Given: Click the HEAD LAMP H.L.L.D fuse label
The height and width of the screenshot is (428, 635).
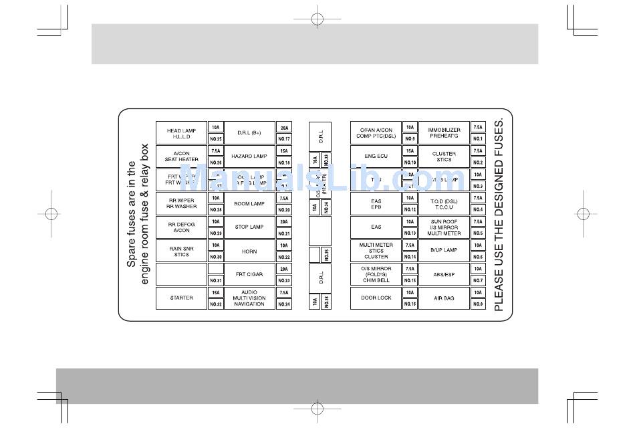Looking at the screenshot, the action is click(181, 133).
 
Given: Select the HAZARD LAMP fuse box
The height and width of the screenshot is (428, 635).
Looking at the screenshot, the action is click(249, 156).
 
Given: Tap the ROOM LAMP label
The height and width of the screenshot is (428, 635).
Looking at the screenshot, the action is click(249, 204).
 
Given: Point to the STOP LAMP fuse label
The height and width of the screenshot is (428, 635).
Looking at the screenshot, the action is click(249, 227).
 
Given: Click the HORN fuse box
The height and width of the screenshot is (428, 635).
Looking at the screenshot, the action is click(249, 251).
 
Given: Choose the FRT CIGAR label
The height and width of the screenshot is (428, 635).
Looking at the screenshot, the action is click(249, 275).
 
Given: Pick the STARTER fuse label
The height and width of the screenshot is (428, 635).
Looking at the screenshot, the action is click(181, 298).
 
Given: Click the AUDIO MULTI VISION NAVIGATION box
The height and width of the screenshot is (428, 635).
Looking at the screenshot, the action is click(249, 298).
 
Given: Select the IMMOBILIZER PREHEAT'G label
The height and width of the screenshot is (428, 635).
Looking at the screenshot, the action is click(444, 133).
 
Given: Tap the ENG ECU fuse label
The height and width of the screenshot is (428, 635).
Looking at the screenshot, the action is click(376, 156).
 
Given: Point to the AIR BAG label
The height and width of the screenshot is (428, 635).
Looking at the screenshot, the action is click(444, 298).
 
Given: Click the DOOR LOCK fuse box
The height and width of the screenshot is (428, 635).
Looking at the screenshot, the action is click(376, 298).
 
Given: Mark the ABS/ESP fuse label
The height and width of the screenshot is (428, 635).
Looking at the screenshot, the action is click(444, 275).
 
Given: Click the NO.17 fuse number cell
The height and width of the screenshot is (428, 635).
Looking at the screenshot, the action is click(284, 139).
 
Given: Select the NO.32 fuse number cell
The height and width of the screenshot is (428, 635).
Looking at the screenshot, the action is click(215, 304).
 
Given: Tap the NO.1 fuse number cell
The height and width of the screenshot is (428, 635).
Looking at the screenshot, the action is click(478, 139).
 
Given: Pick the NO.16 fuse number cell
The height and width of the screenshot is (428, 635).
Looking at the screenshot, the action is click(410, 304).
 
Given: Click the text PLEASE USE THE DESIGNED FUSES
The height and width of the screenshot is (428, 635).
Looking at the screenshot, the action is click(499, 215).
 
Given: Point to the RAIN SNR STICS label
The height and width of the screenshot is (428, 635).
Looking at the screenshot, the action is click(181, 251).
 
